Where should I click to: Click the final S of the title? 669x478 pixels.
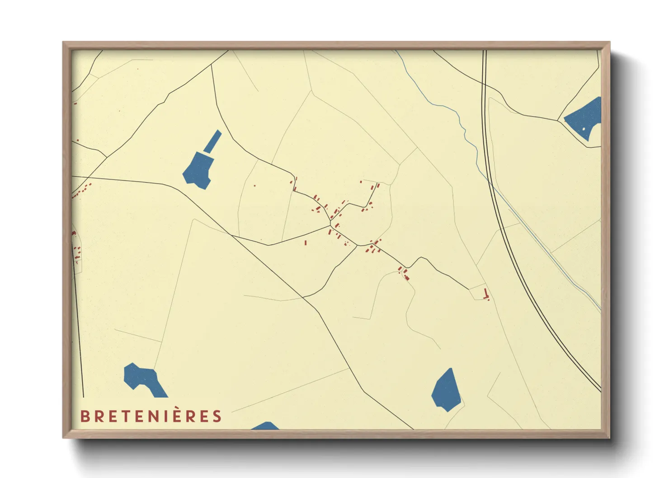217,416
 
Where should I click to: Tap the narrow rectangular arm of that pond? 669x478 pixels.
212,141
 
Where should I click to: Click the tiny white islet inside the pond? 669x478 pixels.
584,129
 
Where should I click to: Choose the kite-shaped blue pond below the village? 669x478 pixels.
447,390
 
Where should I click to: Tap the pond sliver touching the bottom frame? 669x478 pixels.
265,426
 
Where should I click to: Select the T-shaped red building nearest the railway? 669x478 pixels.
486,295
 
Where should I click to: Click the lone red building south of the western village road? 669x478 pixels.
306,243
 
